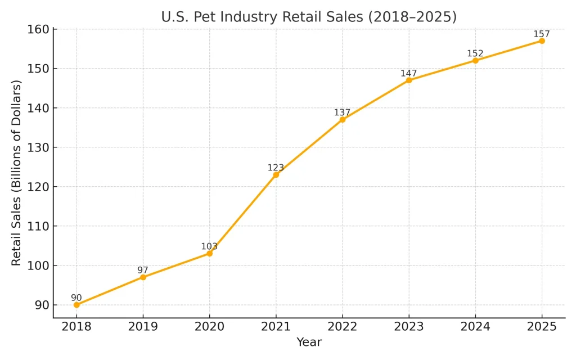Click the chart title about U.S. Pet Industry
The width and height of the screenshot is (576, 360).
click(309, 17)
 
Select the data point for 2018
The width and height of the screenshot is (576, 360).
click(76, 305)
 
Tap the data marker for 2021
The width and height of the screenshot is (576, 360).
click(276, 175)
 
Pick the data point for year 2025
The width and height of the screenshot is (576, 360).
click(542, 41)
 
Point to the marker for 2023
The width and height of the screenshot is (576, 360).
click(409, 80)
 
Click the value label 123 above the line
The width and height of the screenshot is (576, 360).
click(276, 168)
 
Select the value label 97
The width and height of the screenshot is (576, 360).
click(143, 270)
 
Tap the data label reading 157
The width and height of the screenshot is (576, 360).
click(542, 34)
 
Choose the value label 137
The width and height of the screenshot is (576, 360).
click(342, 112)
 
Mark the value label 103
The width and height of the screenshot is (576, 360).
click(209, 246)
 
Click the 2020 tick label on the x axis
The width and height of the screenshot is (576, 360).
click(209, 327)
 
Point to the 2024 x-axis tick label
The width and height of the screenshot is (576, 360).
click(475, 327)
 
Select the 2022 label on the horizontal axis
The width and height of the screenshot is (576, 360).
click(342, 327)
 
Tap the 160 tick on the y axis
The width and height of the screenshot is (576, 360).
click(38, 29)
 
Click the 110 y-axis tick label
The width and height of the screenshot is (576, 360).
click(38, 226)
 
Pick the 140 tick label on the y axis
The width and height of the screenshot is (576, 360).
click(38, 108)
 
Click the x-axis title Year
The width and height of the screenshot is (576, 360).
click(309, 342)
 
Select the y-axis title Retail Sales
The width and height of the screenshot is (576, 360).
click(16, 173)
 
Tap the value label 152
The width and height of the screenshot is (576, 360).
click(475, 53)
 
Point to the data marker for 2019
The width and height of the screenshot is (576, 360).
click(143, 277)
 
